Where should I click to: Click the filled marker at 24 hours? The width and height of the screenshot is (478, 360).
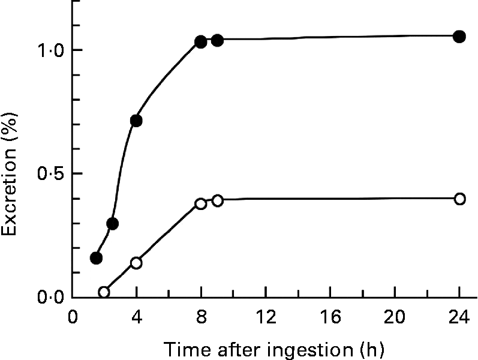(x=459, y=37)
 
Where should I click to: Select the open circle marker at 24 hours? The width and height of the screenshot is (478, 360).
(x=459, y=199)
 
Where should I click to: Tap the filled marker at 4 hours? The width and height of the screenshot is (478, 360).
(x=136, y=121)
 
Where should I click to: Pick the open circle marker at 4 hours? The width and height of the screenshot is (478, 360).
(x=136, y=263)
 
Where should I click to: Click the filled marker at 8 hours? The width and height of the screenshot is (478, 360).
(x=201, y=42)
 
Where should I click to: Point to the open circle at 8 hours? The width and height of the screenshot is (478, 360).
(x=201, y=203)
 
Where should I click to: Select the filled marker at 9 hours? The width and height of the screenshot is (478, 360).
(x=217, y=41)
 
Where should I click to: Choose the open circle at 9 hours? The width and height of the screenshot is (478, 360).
(x=217, y=200)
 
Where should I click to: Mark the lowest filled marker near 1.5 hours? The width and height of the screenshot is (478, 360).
(x=96, y=258)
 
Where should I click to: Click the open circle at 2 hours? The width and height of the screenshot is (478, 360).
(x=104, y=292)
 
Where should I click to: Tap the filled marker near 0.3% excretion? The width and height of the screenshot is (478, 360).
(x=112, y=224)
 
